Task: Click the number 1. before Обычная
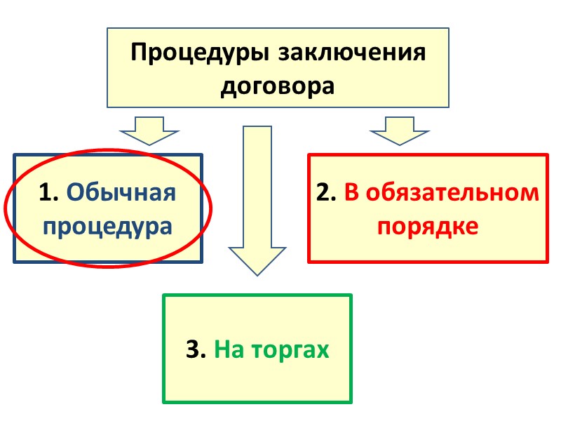click(x=50, y=192)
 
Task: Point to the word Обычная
click(x=121, y=192)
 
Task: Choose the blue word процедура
click(x=108, y=226)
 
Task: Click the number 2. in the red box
click(x=327, y=193)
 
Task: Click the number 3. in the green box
click(x=196, y=349)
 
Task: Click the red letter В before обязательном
click(x=351, y=193)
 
